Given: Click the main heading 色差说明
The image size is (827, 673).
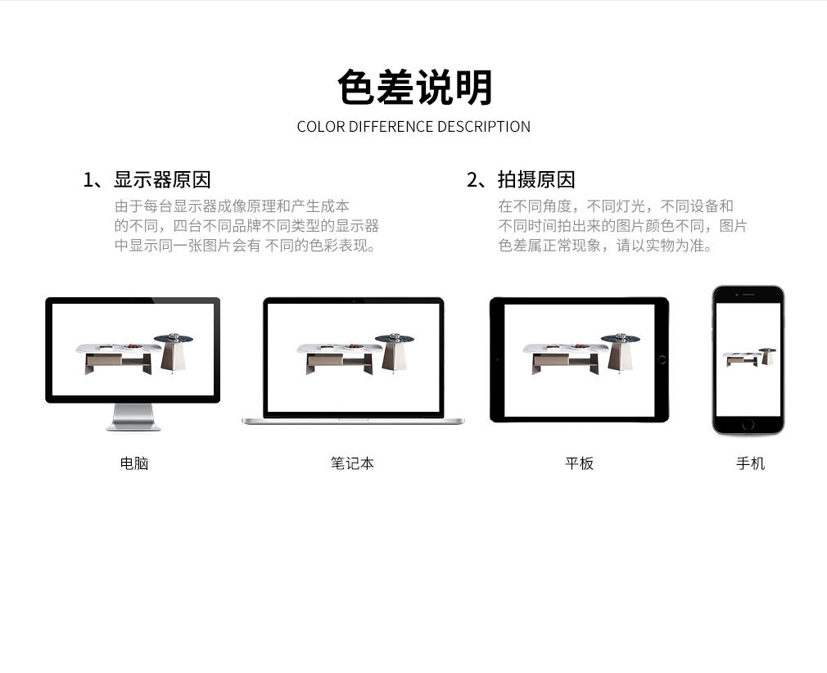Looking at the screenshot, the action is pos(414,87).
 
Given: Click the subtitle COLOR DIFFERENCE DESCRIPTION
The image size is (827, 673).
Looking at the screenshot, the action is pos(413,127).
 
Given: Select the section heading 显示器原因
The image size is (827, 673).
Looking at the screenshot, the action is pos(162,180).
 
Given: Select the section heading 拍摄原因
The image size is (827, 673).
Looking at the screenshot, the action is pos(536,180).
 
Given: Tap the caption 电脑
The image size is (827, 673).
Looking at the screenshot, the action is pos(134,463).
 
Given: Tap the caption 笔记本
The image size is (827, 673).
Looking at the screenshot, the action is pos(352,463).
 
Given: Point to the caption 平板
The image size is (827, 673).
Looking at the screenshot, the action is pos(579,463).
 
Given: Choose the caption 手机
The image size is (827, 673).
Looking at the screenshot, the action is pos(750,463).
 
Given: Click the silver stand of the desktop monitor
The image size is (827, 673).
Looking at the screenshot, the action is pos(133,418).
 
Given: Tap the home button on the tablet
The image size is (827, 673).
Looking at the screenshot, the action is pos(662,359).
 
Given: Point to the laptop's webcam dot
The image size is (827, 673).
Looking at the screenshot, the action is pos(354,301).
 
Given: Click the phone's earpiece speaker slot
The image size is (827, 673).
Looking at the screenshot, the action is pos(748,294).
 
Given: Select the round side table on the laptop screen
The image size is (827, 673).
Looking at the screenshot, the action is pos(395,353).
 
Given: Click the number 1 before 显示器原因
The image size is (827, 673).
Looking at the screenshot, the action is pos(88,180).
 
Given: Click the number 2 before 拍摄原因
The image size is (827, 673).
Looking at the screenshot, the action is pos(472,180).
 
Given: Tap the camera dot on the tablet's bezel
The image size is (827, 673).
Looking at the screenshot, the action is pos(497,359).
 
